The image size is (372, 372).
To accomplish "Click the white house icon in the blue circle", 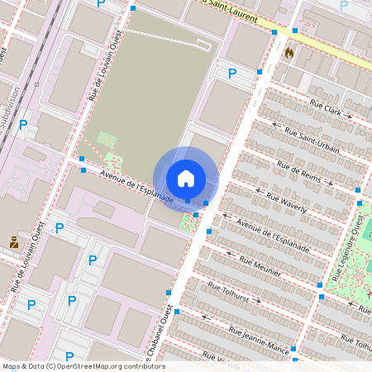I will click(x=186, y=178).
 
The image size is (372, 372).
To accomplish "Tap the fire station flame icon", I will click(x=289, y=51).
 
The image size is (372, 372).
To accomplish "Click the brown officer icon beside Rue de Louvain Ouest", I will click(x=15, y=242).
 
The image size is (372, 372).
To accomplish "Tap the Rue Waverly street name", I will click(x=286, y=203).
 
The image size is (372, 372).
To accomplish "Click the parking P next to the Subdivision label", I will click(x=23, y=125).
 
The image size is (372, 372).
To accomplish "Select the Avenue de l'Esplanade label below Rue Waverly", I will click(x=273, y=236).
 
